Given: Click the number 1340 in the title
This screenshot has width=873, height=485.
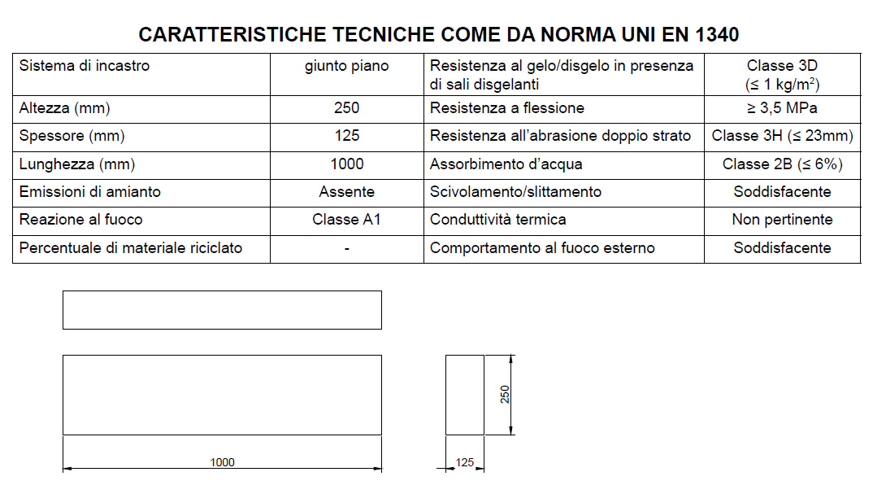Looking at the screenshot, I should [x=717, y=35].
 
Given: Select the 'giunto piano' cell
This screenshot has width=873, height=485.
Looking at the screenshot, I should [x=346, y=66].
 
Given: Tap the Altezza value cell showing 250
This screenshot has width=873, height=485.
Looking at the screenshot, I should [x=346, y=108].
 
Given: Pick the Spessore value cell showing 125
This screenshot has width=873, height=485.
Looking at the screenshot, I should [x=346, y=136].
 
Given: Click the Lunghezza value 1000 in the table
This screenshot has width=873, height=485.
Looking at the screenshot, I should [x=346, y=164].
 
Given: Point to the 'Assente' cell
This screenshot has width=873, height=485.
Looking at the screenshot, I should [x=346, y=192].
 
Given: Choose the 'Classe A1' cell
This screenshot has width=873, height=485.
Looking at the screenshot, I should [x=346, y=220].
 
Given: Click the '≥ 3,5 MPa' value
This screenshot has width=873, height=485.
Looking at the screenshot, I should [x=782, y=108].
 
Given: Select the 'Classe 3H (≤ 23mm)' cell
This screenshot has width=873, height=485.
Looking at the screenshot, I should [x=782, y=136].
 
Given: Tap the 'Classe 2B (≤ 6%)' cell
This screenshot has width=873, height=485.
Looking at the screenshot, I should [x=782, y=164].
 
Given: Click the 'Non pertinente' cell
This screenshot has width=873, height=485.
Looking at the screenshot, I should [x=782, y=220].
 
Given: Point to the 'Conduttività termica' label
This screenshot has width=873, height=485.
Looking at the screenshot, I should [x=497, y=220].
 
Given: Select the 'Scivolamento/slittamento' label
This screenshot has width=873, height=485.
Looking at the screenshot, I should [x=515, y=192].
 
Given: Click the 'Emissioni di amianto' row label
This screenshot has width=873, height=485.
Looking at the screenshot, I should [x=90, y=192].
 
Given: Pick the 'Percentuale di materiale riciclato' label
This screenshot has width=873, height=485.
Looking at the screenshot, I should [x=131, y=247].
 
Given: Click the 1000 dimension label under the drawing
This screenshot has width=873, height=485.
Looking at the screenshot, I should [x=222, y=462].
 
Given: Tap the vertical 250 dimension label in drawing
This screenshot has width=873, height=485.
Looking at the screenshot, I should [x=505, y=394].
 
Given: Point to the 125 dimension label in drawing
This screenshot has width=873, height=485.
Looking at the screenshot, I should [x=464, y=462].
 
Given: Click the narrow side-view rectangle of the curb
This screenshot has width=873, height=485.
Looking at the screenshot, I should [x=464, y=395].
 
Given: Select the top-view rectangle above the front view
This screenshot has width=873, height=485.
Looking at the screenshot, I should [x=222, y=310].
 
